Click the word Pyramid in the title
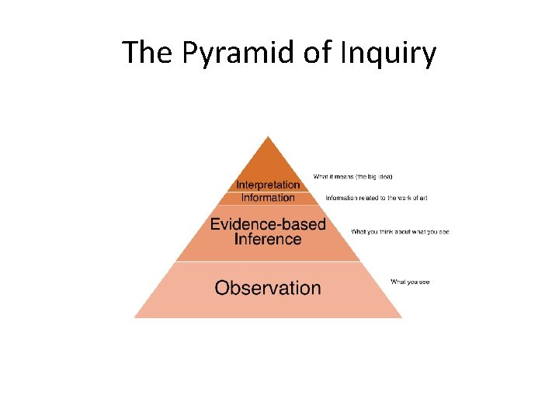coord(225,54)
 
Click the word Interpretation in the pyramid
coord(268,185)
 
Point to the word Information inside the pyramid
coord(268,197)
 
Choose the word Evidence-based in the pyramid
coord(268,225)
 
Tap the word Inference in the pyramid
coord(268,240)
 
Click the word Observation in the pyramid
coord(268,288)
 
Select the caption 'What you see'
coord(410,282)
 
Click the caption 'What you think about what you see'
coord(400,232)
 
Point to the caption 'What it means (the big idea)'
coord(353,177)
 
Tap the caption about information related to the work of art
coord(377,199)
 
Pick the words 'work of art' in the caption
coord(410,199)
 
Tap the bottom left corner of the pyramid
coord(136,317)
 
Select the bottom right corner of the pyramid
coord(401,317)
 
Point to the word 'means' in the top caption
coord(338,177)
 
